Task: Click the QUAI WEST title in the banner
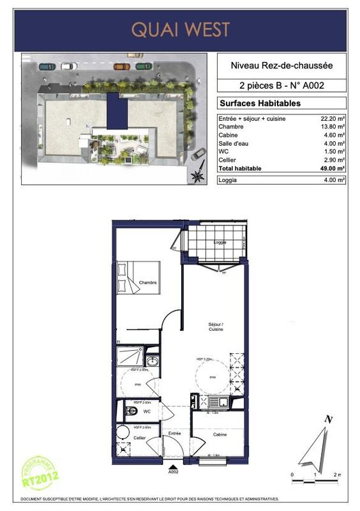180,29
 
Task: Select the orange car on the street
121,65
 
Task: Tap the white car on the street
67,66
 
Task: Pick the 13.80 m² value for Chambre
333,127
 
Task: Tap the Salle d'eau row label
233,144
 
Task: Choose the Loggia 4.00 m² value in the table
333,181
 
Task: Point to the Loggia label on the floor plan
219,243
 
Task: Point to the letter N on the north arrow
328,420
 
